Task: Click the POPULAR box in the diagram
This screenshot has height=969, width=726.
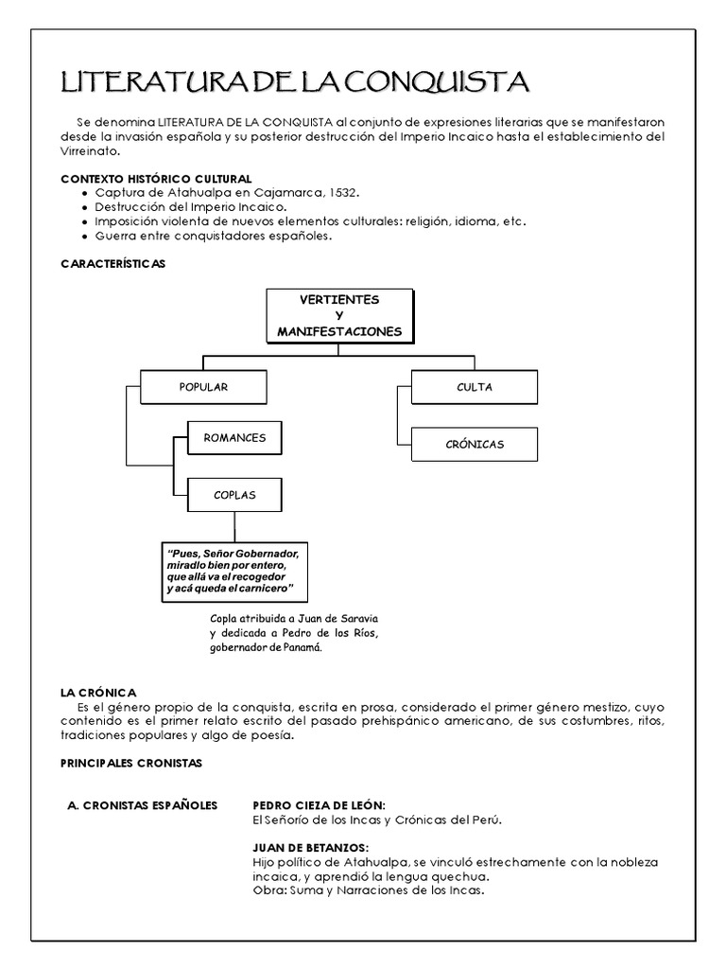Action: click(203, 387)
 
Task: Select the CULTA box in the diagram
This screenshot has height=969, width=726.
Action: click(474, 387)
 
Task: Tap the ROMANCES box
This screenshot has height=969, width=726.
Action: click(234, 438)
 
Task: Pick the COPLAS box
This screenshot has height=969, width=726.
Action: click(234, 494)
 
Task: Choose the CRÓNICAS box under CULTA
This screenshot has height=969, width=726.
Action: click(474, 444)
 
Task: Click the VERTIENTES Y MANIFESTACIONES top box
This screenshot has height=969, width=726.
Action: click(339, 316)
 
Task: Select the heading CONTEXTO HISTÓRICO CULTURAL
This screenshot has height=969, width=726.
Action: click(156, 179)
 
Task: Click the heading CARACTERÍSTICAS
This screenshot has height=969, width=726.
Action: click(112, 264)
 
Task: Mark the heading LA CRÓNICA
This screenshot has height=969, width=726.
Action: click(99, 693)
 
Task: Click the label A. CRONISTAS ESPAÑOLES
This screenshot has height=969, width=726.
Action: click(143, 805)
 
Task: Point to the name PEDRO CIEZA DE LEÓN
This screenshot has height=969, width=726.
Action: click(319, 805)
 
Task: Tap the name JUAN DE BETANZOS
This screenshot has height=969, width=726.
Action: click(310, 848)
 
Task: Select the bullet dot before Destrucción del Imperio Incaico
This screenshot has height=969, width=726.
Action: click(86, 207)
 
